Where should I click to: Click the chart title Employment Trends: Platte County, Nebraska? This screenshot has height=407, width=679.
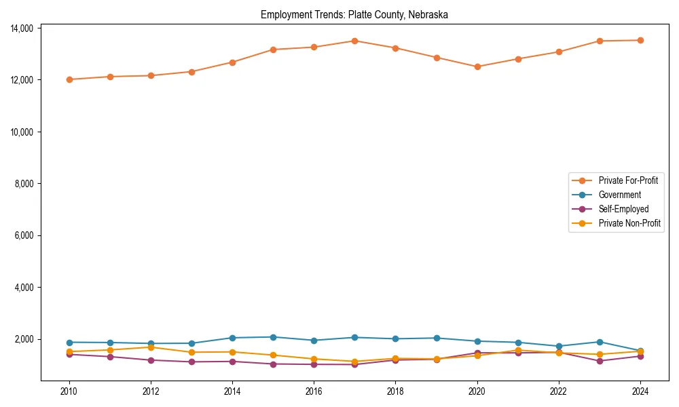coord(354,14)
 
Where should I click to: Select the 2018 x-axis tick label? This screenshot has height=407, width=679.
coord(395,391)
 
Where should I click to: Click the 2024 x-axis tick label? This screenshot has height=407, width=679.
coord(640,391)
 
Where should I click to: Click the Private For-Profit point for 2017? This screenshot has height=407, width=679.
coord(354,41)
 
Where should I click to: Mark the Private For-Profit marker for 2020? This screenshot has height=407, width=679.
coord(477,66)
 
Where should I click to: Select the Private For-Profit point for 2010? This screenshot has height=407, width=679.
coord(69,79)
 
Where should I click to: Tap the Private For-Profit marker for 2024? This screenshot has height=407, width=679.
coord(640,40)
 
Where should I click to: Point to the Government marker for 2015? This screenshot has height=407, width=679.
coord(273,337)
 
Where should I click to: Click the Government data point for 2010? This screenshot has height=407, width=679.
coord(69,343)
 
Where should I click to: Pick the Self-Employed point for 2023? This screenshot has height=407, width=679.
coord(600,361)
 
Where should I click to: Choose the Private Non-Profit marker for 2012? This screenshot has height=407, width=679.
coord(151,347)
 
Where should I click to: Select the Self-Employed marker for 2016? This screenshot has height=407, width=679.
coord(314,364)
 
